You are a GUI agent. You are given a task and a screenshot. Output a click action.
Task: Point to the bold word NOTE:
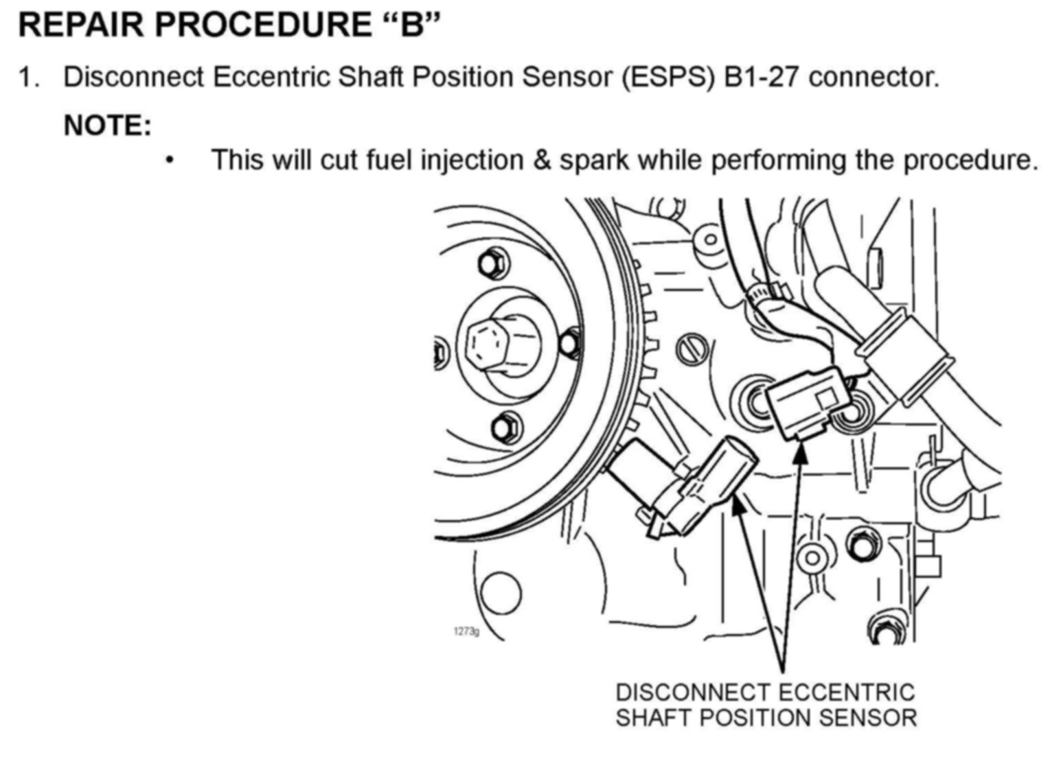coord(108,126)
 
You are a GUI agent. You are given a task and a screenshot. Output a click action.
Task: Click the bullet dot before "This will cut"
coord(170,161)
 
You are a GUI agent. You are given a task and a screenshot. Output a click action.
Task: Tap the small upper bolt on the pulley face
coord(492,264)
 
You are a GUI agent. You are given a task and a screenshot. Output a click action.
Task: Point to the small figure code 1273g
coord(466,631)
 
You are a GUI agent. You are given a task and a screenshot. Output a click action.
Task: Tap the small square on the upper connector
coord(826,397)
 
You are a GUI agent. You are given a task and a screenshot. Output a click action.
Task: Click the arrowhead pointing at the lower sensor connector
coord(738,506)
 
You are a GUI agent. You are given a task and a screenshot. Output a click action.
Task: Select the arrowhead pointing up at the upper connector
coord(801,451)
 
